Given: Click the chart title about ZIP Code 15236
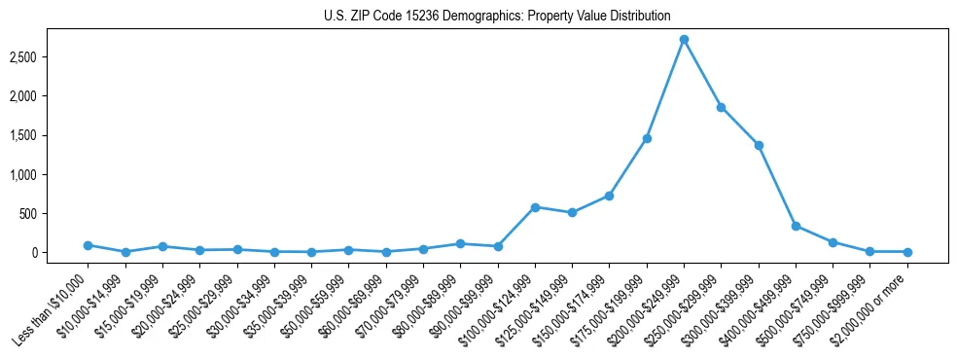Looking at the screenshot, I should click(497, 17).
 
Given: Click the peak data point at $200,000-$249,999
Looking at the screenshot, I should click(684, 40).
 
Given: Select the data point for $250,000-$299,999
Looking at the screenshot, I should click(721, 107).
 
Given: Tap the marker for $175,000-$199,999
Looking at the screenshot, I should click(647, 138).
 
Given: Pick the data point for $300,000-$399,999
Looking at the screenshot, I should click(759, 145).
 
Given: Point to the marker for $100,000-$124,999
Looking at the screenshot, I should click(535, 207).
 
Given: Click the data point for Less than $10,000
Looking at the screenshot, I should click(88, 245).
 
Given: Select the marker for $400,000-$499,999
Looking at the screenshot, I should click(796, 226).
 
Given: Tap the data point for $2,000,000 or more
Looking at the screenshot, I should click(907, 252).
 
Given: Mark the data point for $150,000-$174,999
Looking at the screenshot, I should click(609, 196).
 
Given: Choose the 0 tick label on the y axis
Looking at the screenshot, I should click(60, 252).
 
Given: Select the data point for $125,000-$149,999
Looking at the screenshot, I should click(572, 212).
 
